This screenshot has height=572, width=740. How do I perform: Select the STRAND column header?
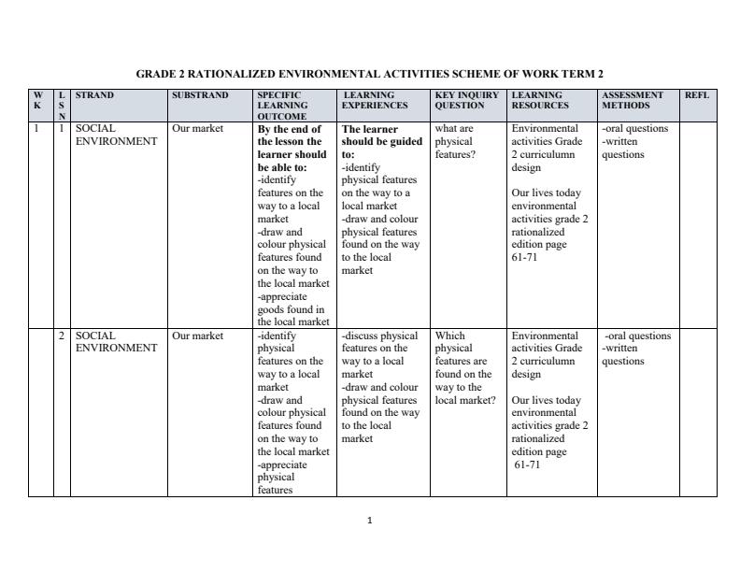94,95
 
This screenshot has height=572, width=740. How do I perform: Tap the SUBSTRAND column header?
200,95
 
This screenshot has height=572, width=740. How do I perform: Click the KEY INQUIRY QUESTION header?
467,100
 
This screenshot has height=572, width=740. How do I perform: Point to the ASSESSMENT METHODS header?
633,100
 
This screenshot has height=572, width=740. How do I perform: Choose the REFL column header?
697,95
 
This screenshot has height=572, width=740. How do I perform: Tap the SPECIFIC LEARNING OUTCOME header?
281,106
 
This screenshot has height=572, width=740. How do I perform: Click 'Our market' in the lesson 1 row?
198,129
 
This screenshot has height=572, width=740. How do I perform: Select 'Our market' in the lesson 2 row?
198,336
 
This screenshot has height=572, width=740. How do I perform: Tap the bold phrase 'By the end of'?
289,129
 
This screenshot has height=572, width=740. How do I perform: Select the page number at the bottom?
370,521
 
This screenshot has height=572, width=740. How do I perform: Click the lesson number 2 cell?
63,336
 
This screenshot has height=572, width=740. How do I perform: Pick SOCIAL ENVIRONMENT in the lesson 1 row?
116,136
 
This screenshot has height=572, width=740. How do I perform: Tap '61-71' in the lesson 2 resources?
527,465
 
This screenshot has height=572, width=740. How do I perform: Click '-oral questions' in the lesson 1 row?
635,129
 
